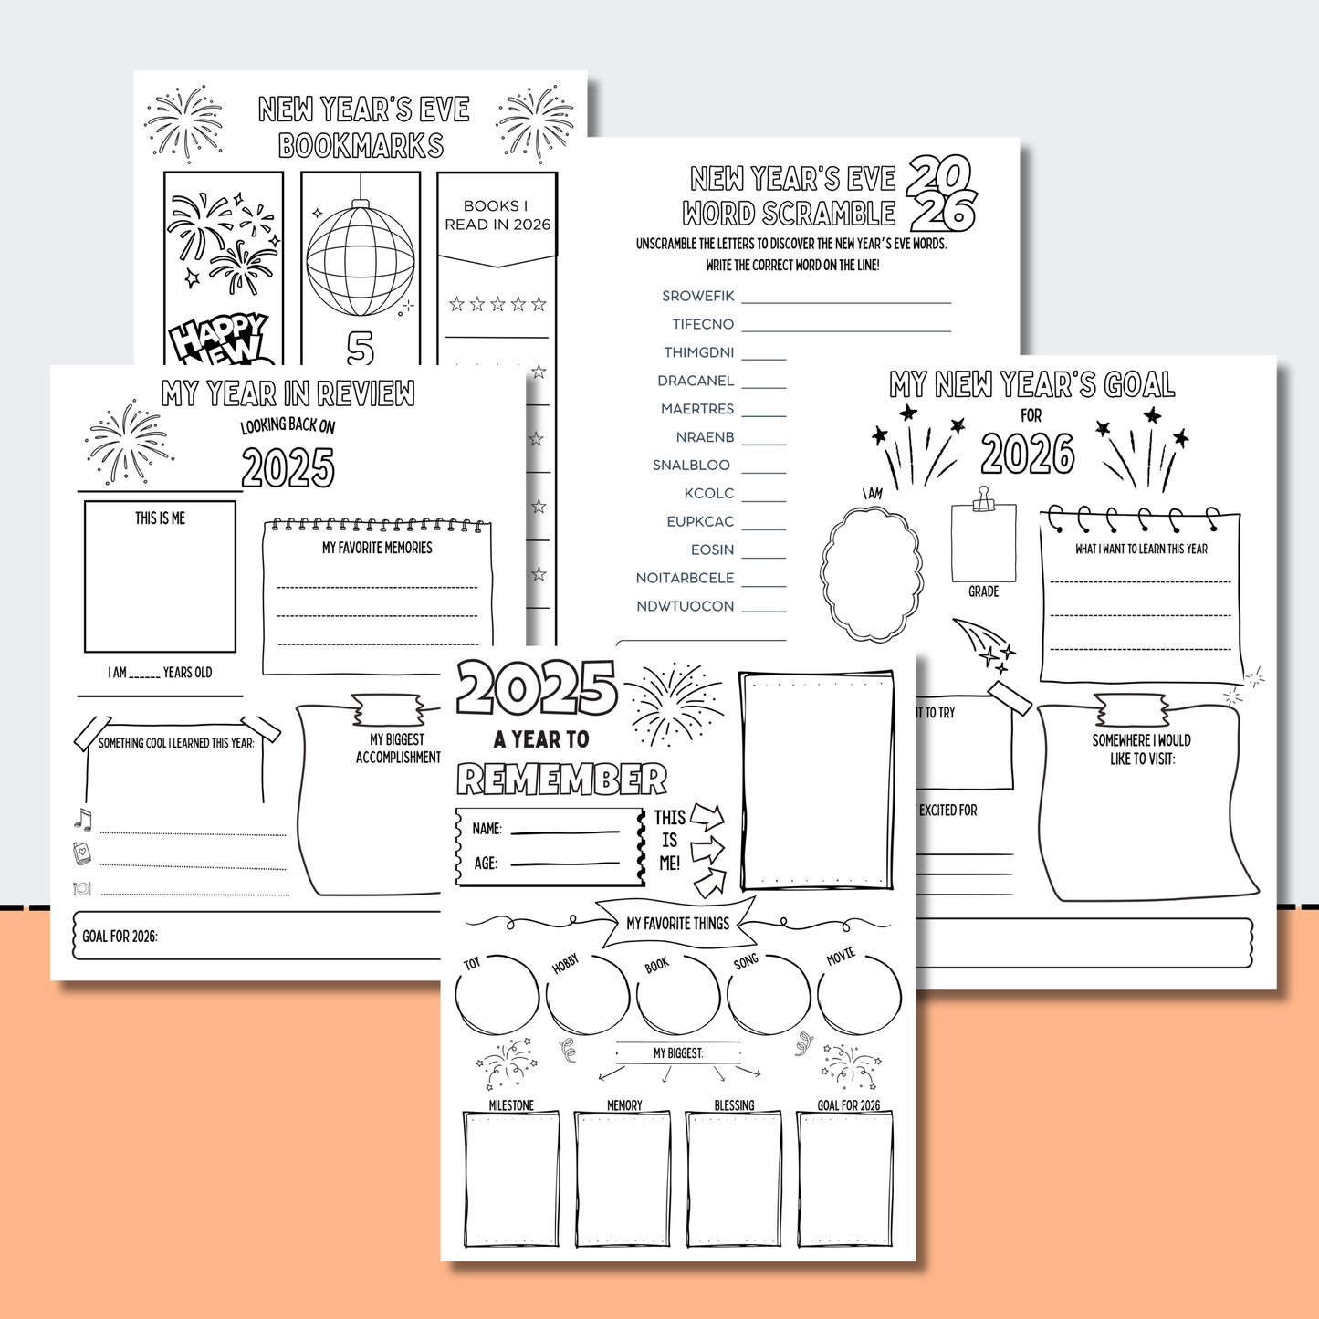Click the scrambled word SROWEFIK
(x=697, y=296)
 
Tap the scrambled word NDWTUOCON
(x=685, y=606)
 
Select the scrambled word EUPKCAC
(x=700, y=521)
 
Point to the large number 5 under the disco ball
(x=361, y=348)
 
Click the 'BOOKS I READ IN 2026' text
(x=497, y=215)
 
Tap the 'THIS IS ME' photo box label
(x=160, y=518)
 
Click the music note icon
(x=83, y=820)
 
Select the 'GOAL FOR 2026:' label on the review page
(x=120, y=937)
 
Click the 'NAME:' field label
(x=487, y=829)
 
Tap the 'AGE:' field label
(x=485, y=864)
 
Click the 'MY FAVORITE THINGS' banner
(x=677, y=924)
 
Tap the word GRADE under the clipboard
(x=983, y=591)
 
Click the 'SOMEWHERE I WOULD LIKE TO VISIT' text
(x=1141, y=749)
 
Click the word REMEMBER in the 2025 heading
(x=562, y=780)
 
